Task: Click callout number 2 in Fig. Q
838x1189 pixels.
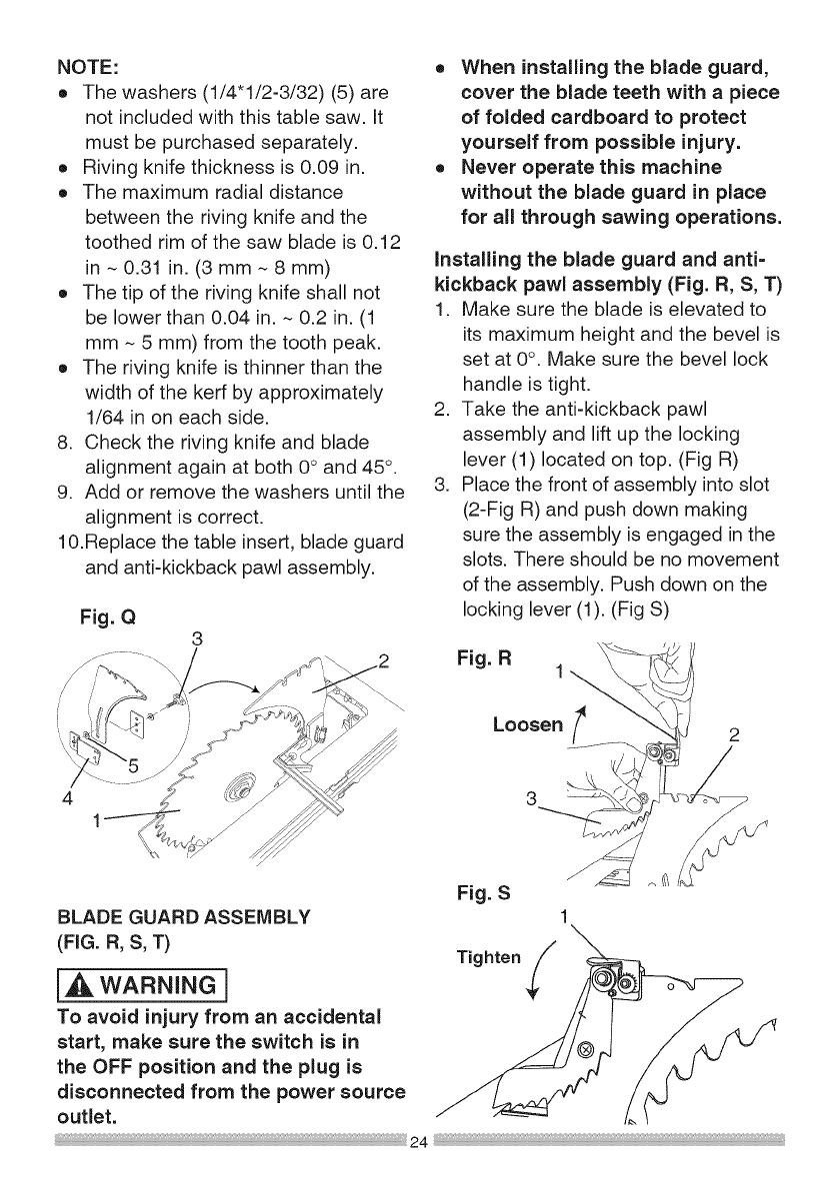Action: click(x=383, y=660)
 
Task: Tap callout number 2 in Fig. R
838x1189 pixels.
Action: click(x=735, y=736)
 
